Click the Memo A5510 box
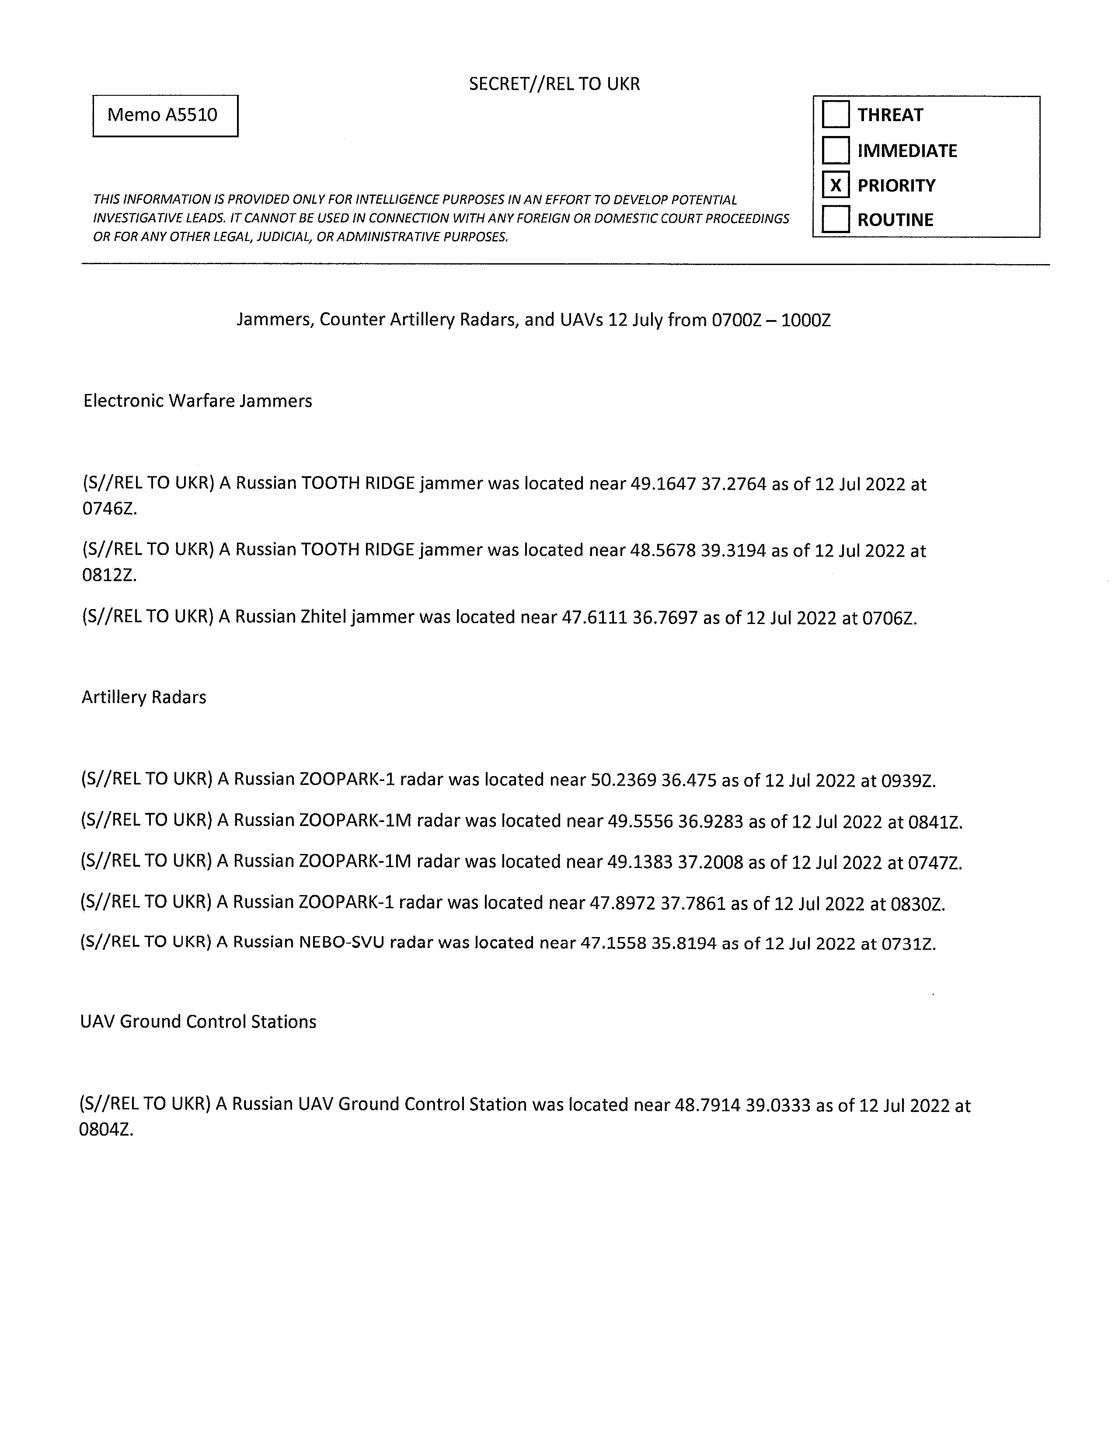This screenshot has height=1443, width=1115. [x=165, y=115]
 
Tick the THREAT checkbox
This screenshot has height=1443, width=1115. [x=836, y=114]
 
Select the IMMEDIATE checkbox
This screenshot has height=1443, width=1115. [x=836, y=150]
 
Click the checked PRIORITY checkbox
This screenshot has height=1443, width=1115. [x=836, y=185]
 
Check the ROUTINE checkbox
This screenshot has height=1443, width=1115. [x=836, y=220]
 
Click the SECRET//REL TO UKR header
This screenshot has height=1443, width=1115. [x=554, y=84]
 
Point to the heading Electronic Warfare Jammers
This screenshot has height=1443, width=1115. [x=198, y=401]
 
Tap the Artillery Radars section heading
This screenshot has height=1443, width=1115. [x=144, y=697]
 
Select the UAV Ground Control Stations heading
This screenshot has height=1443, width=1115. [x=198, y=1021]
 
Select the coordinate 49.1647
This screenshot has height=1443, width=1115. [x=663, y=484]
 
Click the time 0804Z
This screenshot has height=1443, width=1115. [x=106, y=1130]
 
